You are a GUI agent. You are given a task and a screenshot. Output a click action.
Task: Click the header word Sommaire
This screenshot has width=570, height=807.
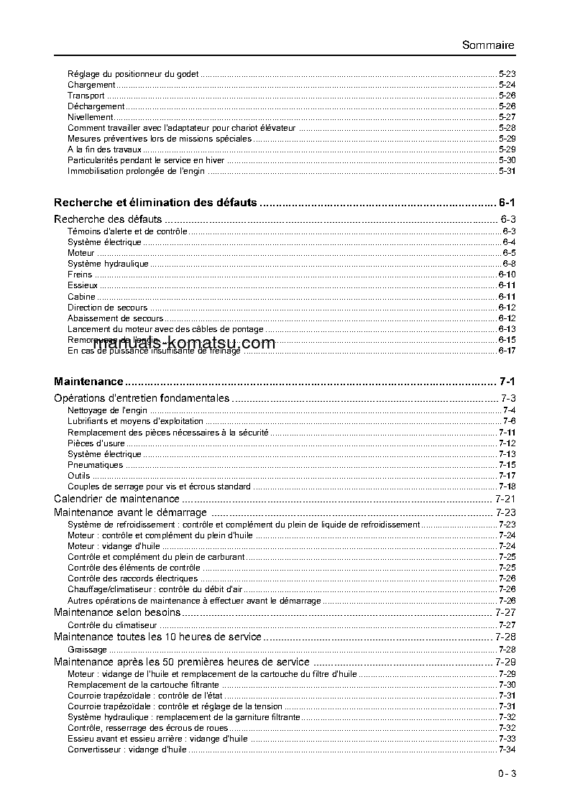tap(488, 45)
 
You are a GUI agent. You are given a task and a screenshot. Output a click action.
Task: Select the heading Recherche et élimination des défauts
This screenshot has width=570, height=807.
tap(155, 203)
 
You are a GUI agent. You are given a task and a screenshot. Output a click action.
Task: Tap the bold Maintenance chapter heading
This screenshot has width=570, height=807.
tap(88, 382)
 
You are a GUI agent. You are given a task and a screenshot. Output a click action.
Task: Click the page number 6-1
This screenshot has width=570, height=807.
tap(507, 203)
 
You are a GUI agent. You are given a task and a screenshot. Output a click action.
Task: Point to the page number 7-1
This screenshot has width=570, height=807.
tap(507, 382)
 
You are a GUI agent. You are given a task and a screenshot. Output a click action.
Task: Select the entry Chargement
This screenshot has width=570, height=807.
tap(91, 85)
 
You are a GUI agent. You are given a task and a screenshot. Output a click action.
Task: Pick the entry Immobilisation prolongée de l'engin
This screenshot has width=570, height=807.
tap(136, 171)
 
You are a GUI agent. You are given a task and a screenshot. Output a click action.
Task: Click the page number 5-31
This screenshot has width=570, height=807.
tap(507, 171)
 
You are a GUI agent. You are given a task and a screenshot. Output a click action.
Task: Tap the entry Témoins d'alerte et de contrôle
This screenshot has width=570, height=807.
tap(127, 231)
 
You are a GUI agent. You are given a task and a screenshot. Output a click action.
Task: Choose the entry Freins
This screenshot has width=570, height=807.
tap(80, 275)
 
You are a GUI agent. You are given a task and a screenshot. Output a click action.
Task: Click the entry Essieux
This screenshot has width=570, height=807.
tap(83, 285)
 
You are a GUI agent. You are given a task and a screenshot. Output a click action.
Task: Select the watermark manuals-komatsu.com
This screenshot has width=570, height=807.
tap(185, 343)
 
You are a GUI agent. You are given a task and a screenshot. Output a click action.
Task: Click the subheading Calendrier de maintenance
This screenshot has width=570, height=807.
tap(116, 499)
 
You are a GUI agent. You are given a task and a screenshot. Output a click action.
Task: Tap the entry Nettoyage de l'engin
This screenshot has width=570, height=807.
tap(108, 410)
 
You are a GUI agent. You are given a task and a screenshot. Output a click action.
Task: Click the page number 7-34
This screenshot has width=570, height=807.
tap(507, 750)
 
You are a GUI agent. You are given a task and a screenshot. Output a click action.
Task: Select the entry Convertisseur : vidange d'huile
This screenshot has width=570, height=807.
tap(127, 750)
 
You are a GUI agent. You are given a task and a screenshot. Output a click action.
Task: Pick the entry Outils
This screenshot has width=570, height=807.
tap(79, 476)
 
